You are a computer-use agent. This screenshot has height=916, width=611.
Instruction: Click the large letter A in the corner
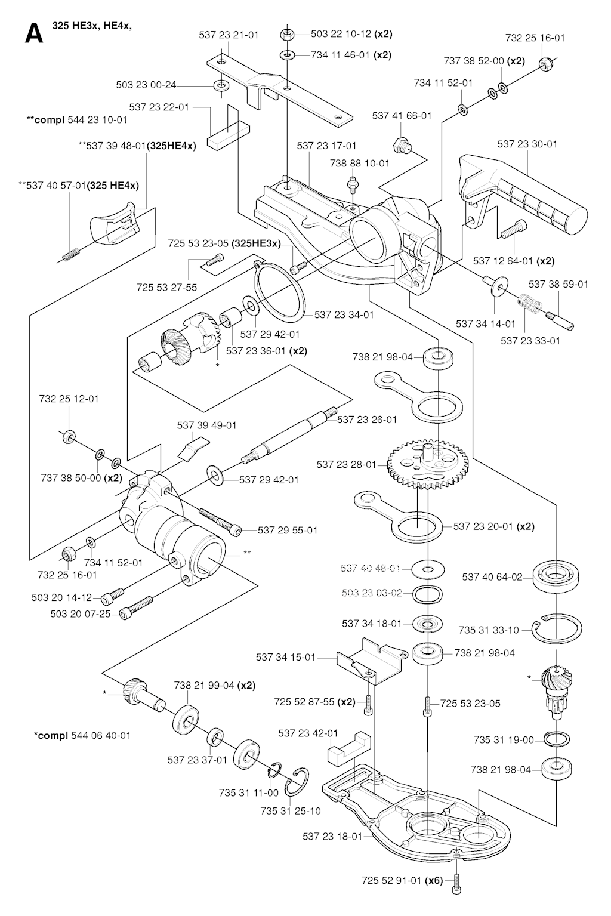click(34, 34)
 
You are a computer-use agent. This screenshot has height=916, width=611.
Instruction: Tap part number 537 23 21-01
click(229, 35)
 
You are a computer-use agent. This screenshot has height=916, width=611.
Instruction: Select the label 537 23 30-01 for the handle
click(527, 144)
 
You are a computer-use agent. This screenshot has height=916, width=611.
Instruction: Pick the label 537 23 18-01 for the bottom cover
click(332, 836)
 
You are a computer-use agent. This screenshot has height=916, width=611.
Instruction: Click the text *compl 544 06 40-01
click(82, 735)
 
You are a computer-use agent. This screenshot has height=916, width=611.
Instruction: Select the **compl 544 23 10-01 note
click(77, 119)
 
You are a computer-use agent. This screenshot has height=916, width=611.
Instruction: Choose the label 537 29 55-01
click(288, 530)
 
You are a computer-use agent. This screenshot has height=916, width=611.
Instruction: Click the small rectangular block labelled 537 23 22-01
click(229, 135)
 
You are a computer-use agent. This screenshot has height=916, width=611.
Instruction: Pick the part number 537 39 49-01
click(206, 425)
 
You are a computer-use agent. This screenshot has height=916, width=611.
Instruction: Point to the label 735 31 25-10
click(291, 811)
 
